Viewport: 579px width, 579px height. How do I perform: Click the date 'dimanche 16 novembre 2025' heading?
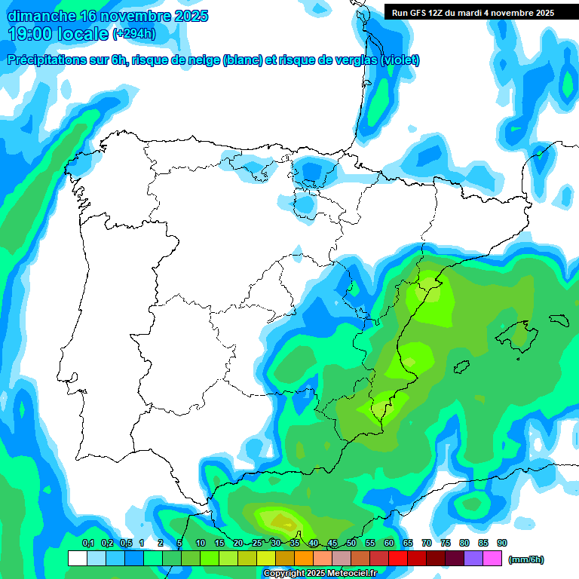[108, 16]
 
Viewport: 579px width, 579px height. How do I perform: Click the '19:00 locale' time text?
[59, 34]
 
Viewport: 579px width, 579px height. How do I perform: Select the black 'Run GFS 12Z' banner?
[473, 12]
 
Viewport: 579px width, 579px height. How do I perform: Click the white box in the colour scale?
[77, 559]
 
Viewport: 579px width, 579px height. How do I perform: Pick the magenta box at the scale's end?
[492, 559]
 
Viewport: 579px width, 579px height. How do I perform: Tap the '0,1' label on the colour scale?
[87, 544]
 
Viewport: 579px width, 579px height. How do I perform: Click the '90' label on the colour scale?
[502, 544]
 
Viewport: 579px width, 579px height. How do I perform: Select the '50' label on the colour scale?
[351, 544]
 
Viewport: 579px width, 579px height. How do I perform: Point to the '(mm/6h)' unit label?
[526, 559]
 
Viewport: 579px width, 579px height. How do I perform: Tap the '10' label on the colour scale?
[201, 544]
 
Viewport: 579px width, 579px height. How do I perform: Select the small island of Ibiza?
[461, 366]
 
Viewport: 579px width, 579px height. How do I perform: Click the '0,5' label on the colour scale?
[125, 544]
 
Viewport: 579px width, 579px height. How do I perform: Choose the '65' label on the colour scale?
[408, 544]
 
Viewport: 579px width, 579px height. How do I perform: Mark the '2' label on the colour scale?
[161, 544]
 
